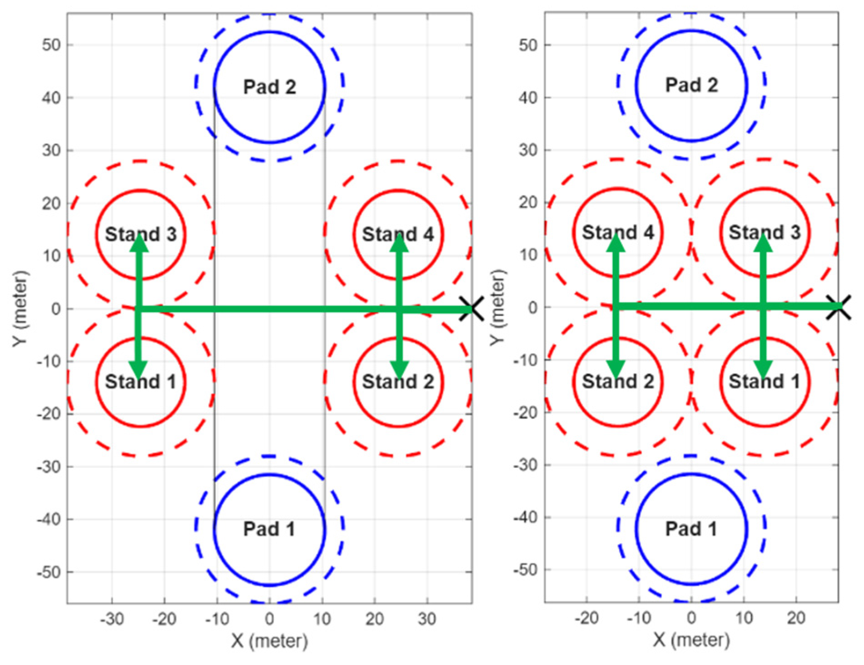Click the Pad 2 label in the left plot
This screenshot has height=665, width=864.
(269, 87)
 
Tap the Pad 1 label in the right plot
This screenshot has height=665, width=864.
(691, 529)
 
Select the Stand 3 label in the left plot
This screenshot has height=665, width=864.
(141, 234)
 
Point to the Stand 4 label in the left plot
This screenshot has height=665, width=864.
(398, 234)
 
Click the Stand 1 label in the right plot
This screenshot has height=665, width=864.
(765, 381)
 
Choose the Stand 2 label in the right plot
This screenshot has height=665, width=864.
(618, 381)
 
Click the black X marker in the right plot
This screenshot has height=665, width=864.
(839, 307)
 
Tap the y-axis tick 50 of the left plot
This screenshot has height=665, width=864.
(51, 45)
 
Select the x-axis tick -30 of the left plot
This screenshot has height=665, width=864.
(112, 619)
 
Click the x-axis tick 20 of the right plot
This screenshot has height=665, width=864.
(796, 618)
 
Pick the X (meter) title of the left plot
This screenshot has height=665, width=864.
(269, 641)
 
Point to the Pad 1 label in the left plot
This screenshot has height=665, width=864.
(269, 529)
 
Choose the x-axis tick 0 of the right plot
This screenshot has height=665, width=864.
(691, 618)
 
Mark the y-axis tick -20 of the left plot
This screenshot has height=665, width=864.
(49, 414)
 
